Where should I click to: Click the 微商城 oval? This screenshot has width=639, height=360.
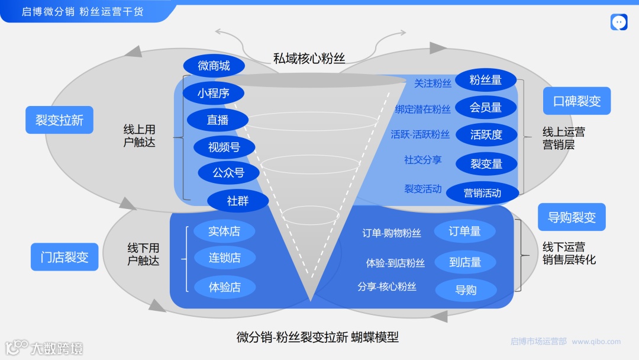click(x=214, y=66)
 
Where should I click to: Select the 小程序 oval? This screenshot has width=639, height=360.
click(x=213, y=93)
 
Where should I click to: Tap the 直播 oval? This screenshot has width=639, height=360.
click(x=217, y=120)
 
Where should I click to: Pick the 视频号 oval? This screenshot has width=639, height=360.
click(x=224, y=147)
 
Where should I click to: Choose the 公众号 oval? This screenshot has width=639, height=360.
click(x=228, y=173)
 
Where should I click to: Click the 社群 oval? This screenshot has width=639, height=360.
click(x=238, y=201)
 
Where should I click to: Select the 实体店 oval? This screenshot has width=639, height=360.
click(x=224, y=232)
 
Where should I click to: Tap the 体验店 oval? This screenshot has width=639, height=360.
click(x=224, y=287)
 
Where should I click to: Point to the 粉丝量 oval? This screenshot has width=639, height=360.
click(x=486, y=80)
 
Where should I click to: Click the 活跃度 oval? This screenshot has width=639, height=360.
click(x=486, y=134)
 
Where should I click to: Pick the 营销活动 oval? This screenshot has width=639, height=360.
click(x=482, y=192)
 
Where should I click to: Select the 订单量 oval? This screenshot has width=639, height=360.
click(x=464, y=232)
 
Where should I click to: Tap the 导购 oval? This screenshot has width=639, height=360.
click(x=466, y=290)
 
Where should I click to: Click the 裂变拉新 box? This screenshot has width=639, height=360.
click(x=59, y=120)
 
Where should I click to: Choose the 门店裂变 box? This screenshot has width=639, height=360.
click(x=64, y=257)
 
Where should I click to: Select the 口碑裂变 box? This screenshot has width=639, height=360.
click(x=577, y=101)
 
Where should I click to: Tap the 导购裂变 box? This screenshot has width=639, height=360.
click(x=572, y=217)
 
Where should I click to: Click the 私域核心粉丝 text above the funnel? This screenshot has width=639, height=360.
click(x=309, y=58)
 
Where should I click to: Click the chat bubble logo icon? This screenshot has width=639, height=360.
click(x=619, y=22)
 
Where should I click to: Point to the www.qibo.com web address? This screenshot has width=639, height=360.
click(x=596, y=342)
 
